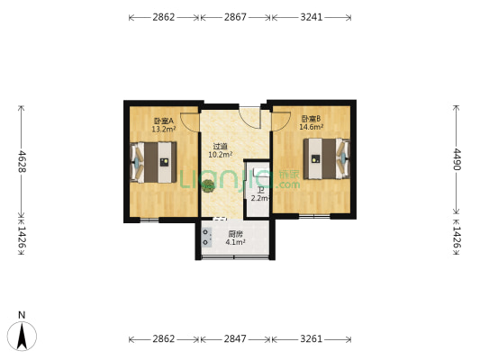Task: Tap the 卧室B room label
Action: pos(311,119)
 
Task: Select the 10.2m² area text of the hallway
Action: pos(221,155)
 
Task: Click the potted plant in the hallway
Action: pos(208,185)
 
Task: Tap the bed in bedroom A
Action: pos(154,162)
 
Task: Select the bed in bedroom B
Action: pos(326,158)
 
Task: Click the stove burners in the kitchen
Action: pos(205,238)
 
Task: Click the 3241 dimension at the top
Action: pos(312,17)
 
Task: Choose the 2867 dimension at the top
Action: pos(235,17)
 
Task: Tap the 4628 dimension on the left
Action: pos(22,161)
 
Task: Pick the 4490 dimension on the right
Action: pos(457,159)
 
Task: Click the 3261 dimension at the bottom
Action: pos(312,339)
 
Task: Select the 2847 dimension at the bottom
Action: pos(235,339)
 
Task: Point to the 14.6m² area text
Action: pos(312,127)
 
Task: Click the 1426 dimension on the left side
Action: pos(22,237)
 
